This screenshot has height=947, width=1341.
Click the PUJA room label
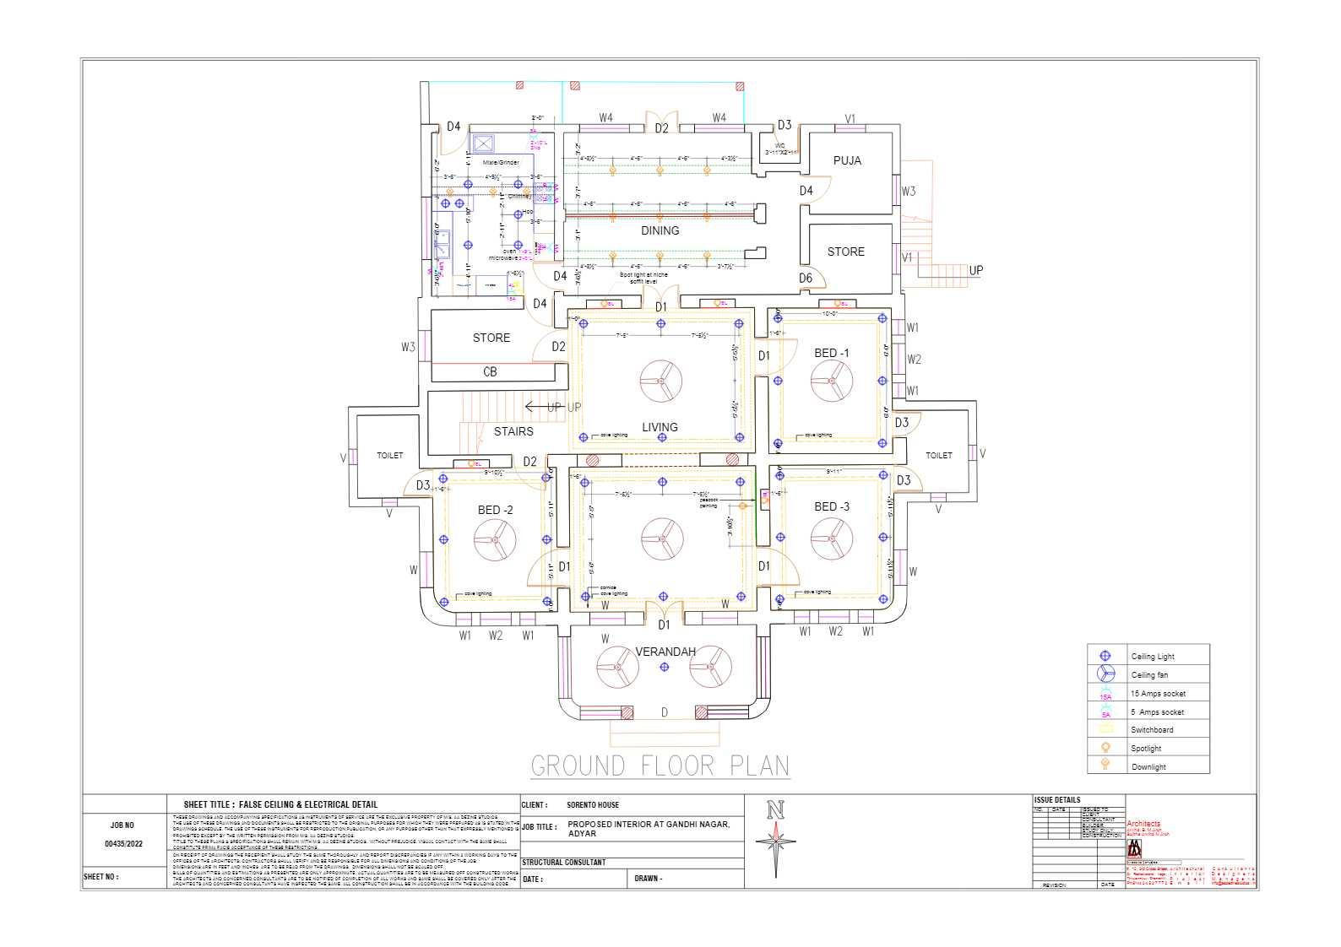pos(847,160)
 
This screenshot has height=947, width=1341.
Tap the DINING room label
pos(660,230)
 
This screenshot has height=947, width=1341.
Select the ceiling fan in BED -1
pos(832,381)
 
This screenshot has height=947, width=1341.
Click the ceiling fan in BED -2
pos(494,538)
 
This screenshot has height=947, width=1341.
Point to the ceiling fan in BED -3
pos(832,538)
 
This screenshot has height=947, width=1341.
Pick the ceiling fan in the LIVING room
pos(660,381)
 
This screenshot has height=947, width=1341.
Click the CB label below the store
pos(490,371)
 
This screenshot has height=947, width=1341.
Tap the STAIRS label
pos(513,431)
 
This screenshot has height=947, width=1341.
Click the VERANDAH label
pos(665,652)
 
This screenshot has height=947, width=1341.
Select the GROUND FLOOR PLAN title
pos(660,766)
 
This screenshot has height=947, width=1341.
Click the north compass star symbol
pos(775,842)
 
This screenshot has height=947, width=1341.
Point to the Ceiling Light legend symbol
pos(1105,656)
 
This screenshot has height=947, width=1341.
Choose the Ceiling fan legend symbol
pos(1105,674)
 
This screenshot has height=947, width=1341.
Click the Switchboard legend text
pos(1152,730)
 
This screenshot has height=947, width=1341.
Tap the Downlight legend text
pos(1148,767)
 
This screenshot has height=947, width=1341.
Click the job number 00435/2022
pos(123,843)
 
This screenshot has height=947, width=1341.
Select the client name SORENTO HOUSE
pos(592,805)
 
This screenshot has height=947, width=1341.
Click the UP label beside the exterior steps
pos(975,271)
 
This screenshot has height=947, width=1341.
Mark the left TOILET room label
pos(389,456)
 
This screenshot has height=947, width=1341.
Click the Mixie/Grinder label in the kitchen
pos(501,161)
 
